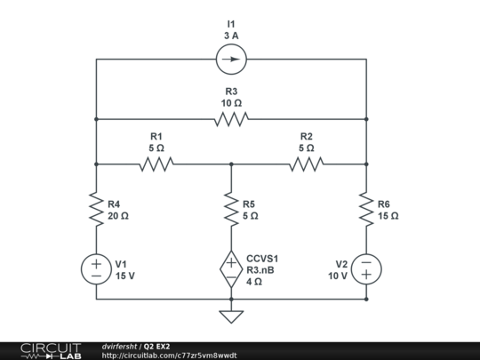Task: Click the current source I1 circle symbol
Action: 231,60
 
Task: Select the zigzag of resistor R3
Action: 231,118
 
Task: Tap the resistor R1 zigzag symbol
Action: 156,164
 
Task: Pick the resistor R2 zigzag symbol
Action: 306,164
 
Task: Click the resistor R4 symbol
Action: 96,209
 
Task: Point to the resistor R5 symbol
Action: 231,209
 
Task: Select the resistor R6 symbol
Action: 366,209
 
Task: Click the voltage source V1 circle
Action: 96,268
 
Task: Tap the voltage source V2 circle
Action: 366,268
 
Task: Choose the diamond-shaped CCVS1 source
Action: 231,268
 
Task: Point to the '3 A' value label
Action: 231,36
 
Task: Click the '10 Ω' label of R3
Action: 231,103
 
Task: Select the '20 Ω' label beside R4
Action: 118,215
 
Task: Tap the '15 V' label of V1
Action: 125,276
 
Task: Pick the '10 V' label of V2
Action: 337,276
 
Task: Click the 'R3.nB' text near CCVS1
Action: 260,269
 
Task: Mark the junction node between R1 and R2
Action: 231,164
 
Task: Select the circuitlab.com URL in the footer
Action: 169,355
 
